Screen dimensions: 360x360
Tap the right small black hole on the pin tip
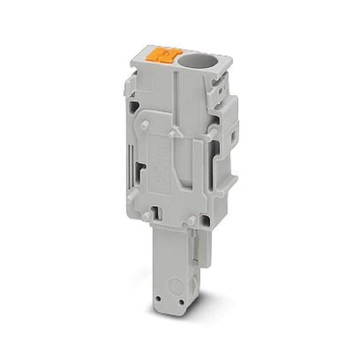[181, 302]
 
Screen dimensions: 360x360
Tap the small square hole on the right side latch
[233, 136]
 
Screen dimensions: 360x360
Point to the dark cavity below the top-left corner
[134, 107]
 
